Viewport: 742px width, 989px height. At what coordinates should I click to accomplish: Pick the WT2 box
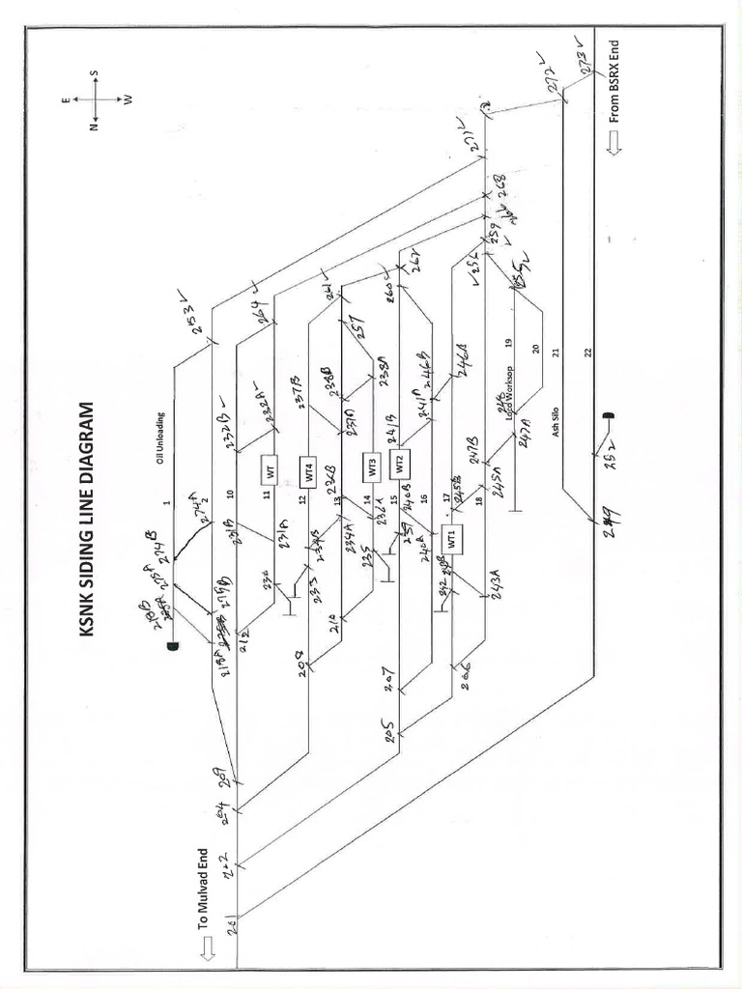point(399,463)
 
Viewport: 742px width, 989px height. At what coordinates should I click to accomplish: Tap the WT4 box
point(309,472)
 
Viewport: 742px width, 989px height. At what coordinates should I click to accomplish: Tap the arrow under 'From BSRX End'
point(614,144)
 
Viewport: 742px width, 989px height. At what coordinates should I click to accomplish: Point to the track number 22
point(587,353)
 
